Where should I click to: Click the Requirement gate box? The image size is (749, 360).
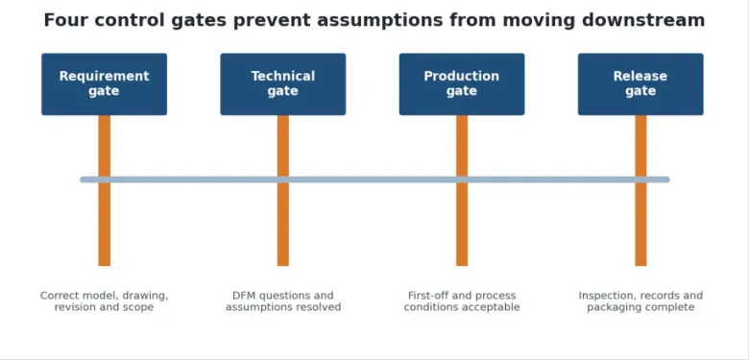104,84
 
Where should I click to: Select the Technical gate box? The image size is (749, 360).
282,84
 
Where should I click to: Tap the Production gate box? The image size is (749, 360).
462,84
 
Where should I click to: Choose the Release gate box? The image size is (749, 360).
640,84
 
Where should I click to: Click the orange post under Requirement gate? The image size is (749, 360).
104,190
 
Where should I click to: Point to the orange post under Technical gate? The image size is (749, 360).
282,190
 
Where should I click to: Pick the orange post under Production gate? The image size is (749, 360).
462,190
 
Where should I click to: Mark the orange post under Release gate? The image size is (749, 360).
640,190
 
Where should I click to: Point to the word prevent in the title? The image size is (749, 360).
272,21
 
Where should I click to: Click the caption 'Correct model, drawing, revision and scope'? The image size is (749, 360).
104,301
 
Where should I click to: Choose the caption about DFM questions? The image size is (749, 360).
283,301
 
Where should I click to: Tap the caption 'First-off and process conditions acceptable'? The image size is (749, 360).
462,301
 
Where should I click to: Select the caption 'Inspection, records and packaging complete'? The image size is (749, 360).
640,301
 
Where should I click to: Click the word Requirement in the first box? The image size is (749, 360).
104,77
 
